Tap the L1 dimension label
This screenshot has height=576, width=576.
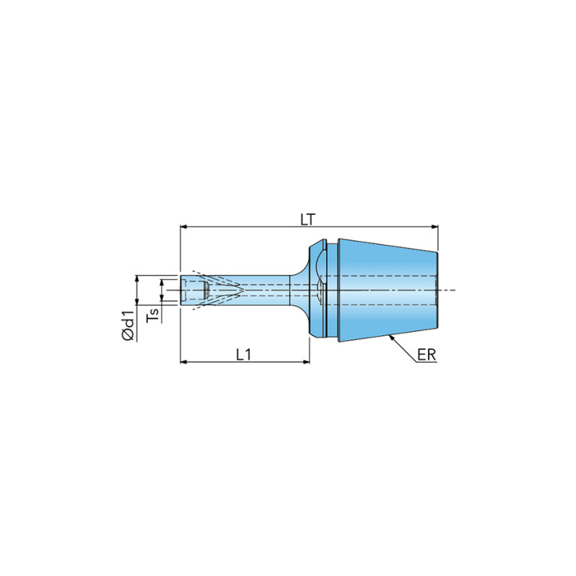[x=243, y=354]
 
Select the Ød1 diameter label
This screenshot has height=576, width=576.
[x=128, y=325]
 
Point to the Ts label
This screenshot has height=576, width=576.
[x=153, y=315]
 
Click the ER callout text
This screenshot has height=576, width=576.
[x=427, y=355]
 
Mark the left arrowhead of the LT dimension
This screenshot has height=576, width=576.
[x=184, y=227]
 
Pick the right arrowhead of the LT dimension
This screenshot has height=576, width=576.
[x=435, y=227]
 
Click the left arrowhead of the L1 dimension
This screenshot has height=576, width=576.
[x=184, y=362]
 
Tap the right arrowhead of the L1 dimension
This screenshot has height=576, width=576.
[x=306, y=362]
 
